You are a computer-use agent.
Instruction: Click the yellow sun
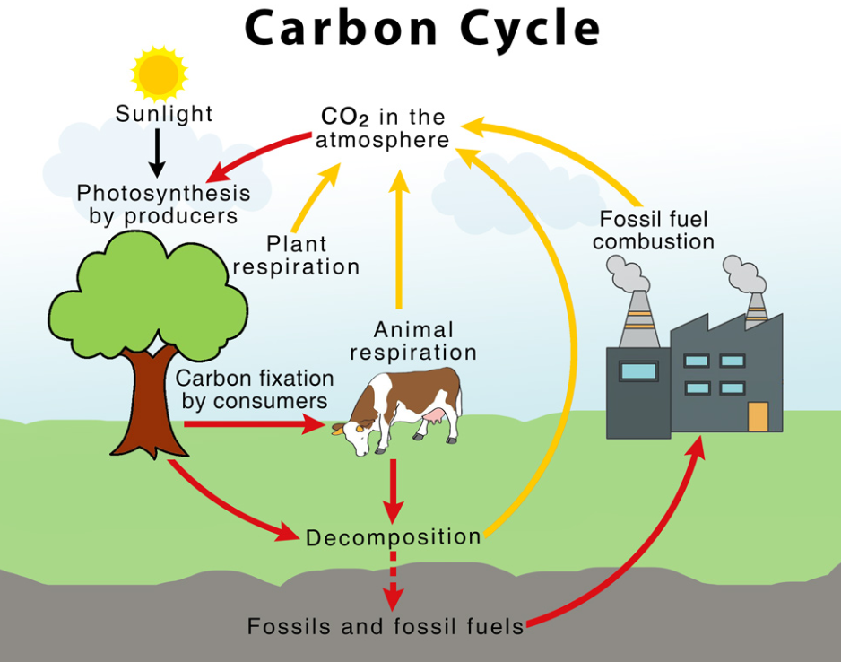(x=159, y=74)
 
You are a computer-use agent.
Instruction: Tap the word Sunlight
(x=164, y=114)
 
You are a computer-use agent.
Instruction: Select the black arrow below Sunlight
(x=157, y=152)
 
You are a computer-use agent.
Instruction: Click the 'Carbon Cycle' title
(x=422, y=30)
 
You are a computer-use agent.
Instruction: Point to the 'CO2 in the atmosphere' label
(x=382, y=127)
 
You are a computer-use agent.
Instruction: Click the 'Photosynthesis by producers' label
(x=163, y=205)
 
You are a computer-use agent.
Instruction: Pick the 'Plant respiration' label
(x=296, y=256)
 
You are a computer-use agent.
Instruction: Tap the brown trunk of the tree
(x=150, y=408)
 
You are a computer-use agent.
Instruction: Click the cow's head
(x=354, y=434)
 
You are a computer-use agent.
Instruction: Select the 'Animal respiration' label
(x=413, y=341)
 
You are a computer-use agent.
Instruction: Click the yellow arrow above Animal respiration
(x=398, y=240)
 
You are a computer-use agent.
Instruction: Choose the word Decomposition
(x=393, y=537)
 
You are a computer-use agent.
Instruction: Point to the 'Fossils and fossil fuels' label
(x=386, y=626)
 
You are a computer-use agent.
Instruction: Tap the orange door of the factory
(x=758, y=417)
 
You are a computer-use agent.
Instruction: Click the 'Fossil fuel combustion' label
(x=654, y=231)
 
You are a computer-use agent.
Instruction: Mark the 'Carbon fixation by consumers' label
(x=255, y=389)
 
